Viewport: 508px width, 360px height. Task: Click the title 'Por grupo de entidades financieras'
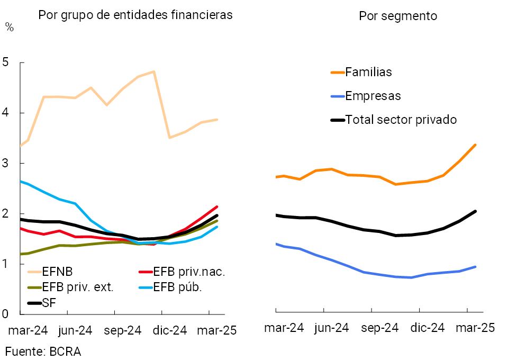click(x=135, y=15)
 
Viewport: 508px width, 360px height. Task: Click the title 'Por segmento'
click(x=398, y=16)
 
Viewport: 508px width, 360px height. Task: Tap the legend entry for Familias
click(x=368, y=72)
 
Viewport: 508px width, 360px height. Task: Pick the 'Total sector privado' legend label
click(x=401, y=120)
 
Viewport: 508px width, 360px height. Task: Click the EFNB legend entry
click(x=57, y=272)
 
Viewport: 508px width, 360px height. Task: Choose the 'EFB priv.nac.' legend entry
click(x=189, y=272)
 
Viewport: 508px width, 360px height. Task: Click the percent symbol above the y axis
click(x=9, y=28)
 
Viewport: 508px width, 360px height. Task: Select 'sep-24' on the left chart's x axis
click(x=123, y=330)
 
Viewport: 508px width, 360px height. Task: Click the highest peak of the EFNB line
click(x=153, y=71)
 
